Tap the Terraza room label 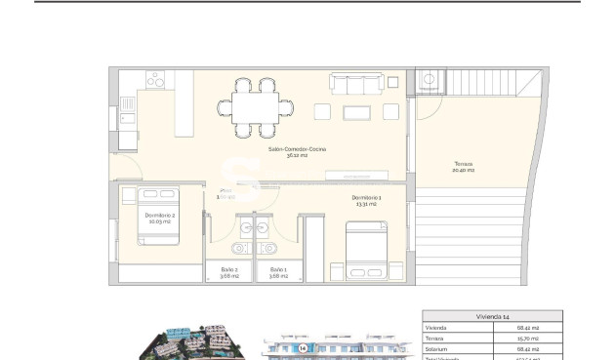click(x=464, y=166)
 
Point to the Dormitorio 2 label click(x=159, y=218)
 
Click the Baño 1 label click(x=278, y=272)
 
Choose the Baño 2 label click(x=228, y=272)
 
